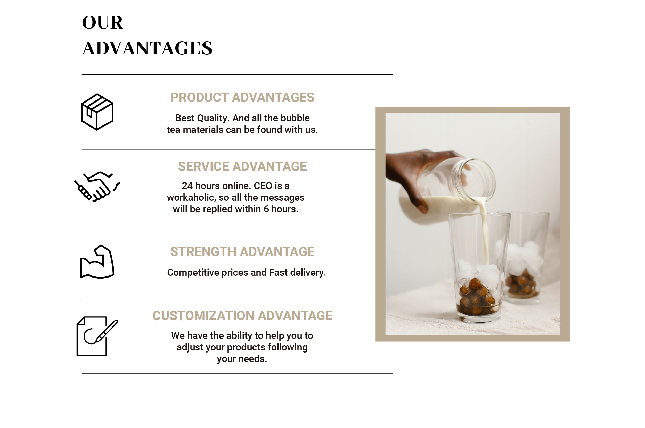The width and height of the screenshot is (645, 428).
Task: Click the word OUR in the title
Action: click(x=102, y=22)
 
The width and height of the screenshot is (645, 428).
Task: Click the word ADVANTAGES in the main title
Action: click(x=147, y=48)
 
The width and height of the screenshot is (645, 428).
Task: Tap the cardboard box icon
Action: click(x=97, y=112)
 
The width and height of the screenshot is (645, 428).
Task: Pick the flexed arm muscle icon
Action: click(x=97, y=262)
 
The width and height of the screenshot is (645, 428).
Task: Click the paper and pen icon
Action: click(x=97, y=336)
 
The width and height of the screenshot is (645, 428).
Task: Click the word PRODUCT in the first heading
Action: click(x=199, y=97)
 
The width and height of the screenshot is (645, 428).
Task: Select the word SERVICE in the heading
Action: click(x=203, y=166)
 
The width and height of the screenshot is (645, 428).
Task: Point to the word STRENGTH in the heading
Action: click(x=203, y=252)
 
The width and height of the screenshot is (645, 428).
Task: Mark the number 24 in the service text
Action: click(x=187, y=186)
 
